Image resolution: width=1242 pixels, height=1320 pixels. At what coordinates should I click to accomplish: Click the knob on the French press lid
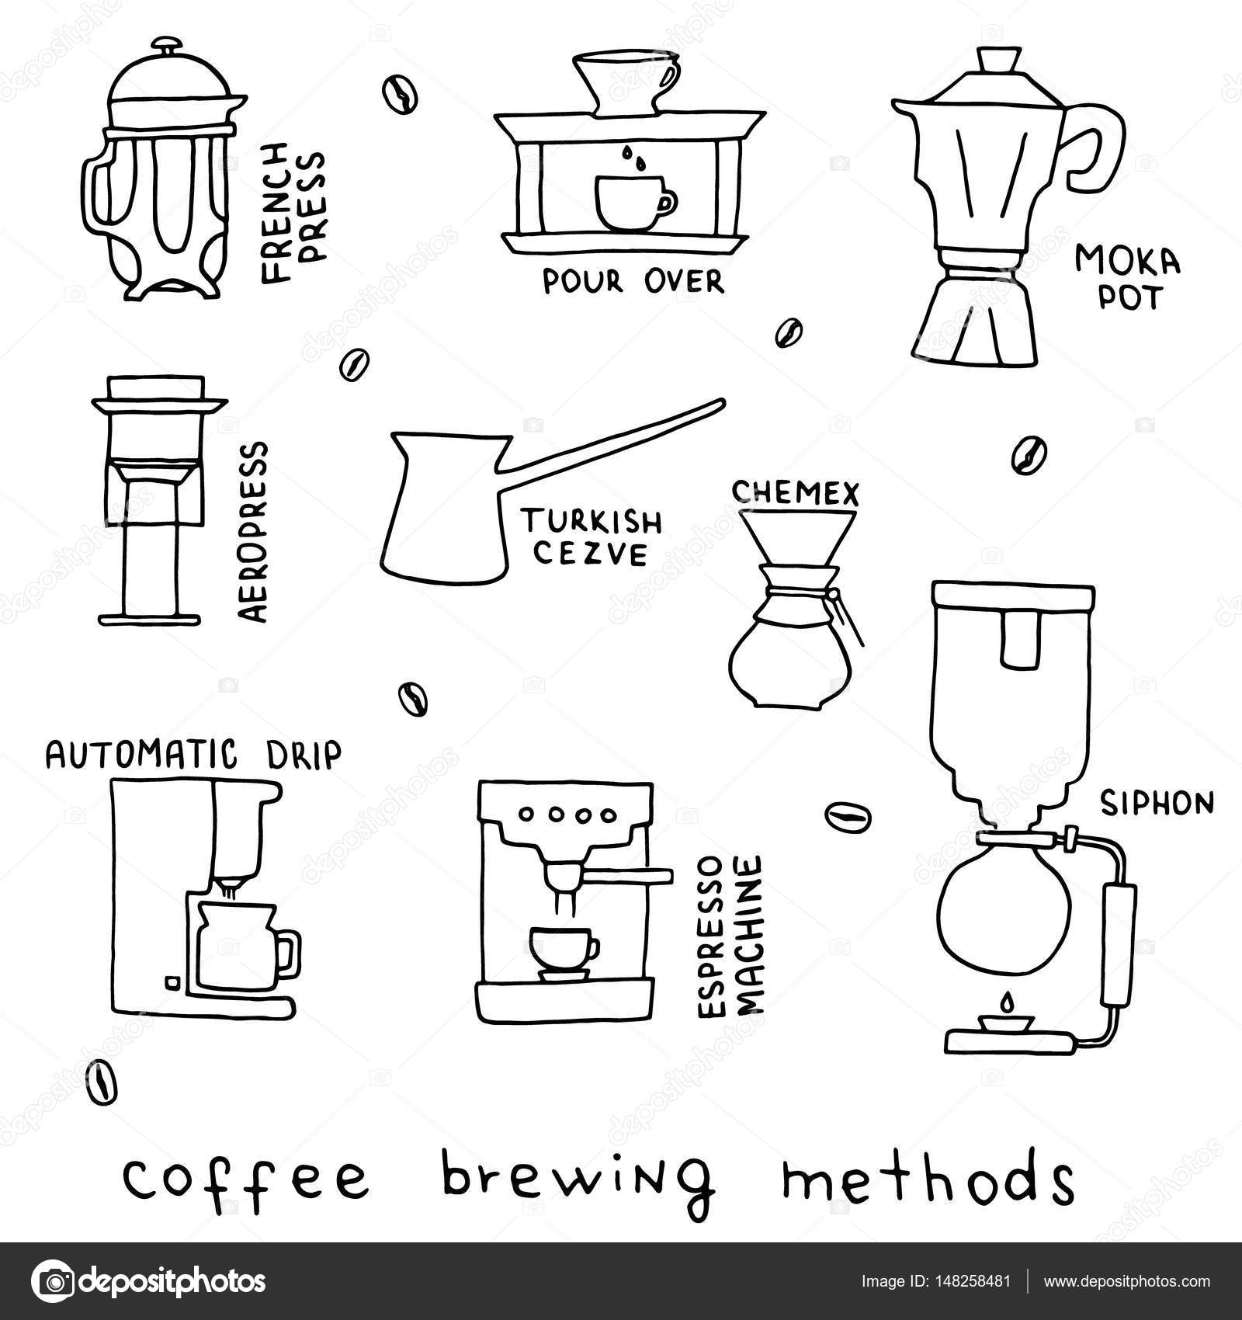(x=162, y=43)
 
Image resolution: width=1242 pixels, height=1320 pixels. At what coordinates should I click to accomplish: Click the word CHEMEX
(x=795, y=492)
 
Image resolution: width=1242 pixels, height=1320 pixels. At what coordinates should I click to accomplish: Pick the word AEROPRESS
(x=252, y=532)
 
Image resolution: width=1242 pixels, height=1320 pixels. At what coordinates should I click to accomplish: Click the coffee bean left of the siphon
(x=847, y=817)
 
